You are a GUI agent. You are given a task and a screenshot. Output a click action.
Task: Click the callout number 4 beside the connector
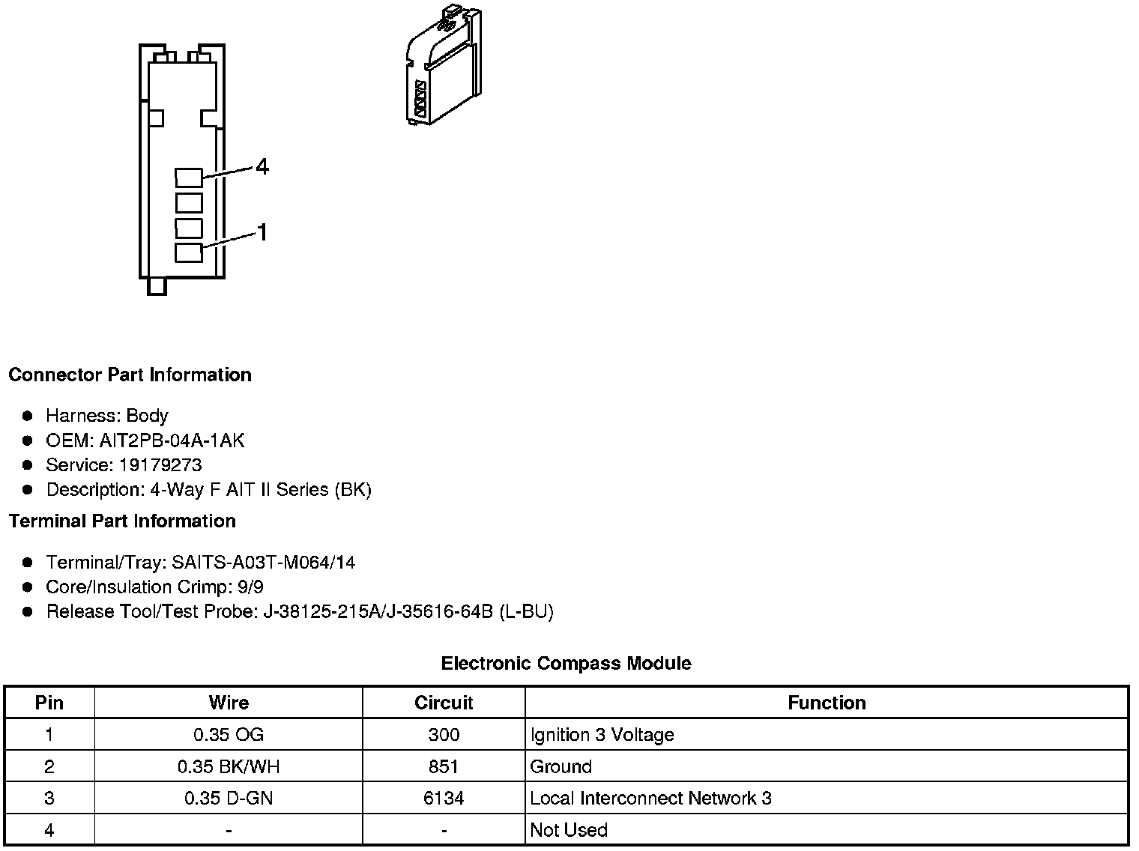coord(262,166)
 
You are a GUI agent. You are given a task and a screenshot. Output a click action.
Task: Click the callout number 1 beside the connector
coord(262,233)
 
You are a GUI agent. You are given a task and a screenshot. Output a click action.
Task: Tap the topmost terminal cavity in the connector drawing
coord(189,178)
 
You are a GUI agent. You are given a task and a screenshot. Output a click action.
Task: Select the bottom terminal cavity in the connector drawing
coord(189,252)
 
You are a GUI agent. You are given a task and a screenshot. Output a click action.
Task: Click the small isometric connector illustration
coord(442,67)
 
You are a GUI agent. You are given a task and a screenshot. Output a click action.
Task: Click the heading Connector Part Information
coord(130,375)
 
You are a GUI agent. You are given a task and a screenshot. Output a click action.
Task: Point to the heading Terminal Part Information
coord(122,521)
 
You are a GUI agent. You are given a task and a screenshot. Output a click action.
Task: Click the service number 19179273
coord(160,465)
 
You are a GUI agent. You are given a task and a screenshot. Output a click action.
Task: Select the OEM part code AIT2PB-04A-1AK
coord(172,440)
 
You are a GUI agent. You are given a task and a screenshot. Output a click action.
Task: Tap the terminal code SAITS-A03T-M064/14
coord(263,563)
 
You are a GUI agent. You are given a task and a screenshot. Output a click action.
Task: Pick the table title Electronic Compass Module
coord(566,663)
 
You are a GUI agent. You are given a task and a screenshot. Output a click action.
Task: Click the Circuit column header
coord(444,703)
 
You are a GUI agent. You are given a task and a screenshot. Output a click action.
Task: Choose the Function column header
coord(827,703)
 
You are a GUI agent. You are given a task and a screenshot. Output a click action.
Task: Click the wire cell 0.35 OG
coord(229,735)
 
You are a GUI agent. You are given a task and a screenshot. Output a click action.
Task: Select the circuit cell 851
coord(444,766)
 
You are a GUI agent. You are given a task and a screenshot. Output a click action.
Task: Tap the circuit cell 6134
coord(444,799)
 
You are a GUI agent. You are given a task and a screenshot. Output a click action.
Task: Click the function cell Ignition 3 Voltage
coord(602,735)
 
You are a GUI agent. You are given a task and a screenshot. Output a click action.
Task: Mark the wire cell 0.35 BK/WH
coord(229,766)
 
